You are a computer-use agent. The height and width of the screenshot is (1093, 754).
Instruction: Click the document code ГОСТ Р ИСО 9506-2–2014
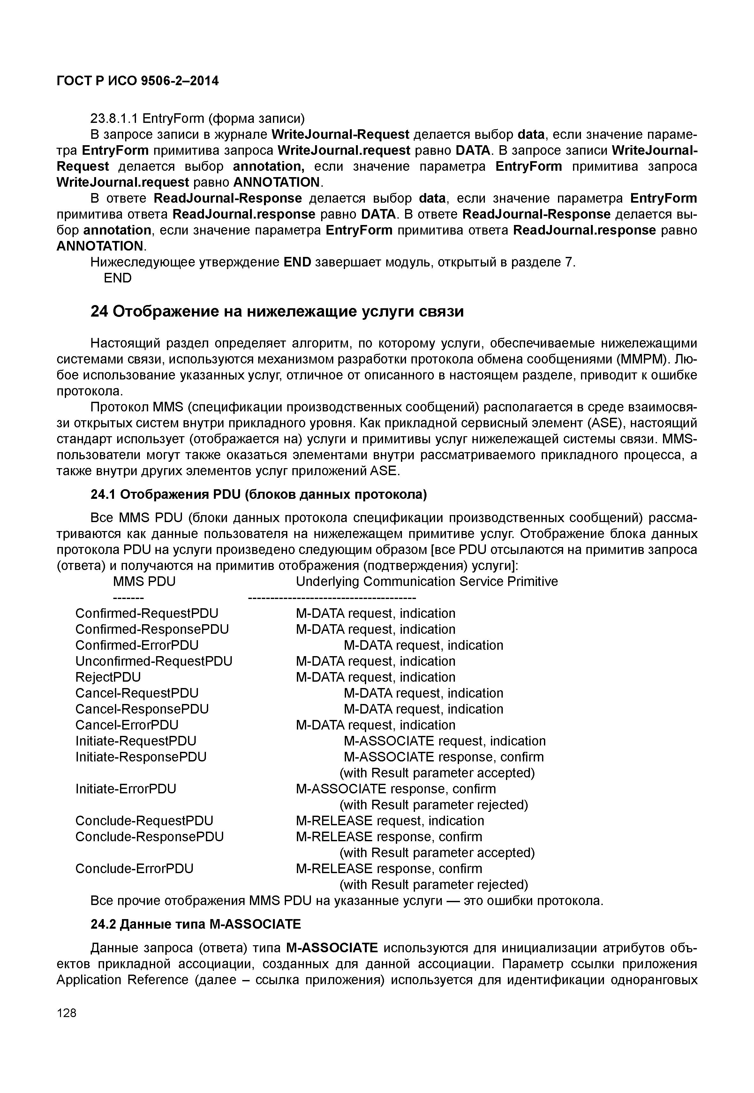138,81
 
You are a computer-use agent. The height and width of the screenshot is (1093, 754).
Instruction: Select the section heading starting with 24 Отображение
277,312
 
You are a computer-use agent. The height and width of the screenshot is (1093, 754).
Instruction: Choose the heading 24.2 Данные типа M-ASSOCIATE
196,924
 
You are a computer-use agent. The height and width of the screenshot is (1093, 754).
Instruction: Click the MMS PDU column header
144,581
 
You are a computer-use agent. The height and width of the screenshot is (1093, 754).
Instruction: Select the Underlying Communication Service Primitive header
426,581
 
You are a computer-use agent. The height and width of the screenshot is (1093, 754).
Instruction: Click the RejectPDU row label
108,677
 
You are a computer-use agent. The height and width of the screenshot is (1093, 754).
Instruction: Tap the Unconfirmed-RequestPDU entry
154,661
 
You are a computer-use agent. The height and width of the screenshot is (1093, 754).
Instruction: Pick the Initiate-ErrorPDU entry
126,789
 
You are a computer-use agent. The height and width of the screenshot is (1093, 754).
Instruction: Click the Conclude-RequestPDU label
144,821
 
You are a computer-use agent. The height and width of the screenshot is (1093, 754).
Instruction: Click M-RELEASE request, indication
390,821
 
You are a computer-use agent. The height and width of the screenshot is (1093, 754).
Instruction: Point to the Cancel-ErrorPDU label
127,725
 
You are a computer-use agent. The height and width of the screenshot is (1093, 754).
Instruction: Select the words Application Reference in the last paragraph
122,980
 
